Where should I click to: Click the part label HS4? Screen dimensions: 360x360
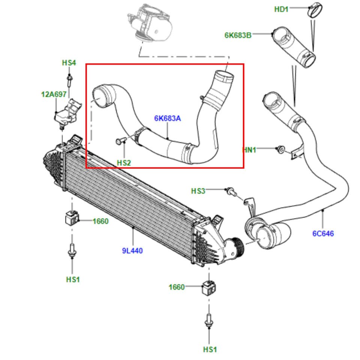coord(69,63)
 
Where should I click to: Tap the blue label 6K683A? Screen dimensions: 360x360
coord(167,118)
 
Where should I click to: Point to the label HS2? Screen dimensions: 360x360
coord(124,163)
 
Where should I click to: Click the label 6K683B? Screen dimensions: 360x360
coord(238,35)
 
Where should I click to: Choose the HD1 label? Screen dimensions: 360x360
coord(281,9)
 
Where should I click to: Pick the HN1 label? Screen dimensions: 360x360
coord(250,150)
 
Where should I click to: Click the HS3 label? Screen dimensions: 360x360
coord(198,191)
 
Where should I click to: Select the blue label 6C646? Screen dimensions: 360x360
coord(323,234)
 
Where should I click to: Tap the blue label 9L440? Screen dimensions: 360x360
coord(132,251)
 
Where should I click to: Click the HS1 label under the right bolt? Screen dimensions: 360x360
coord(210,349)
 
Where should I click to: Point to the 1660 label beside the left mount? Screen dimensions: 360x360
coord(101,221)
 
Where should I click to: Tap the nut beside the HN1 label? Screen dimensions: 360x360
coord(279,149)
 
